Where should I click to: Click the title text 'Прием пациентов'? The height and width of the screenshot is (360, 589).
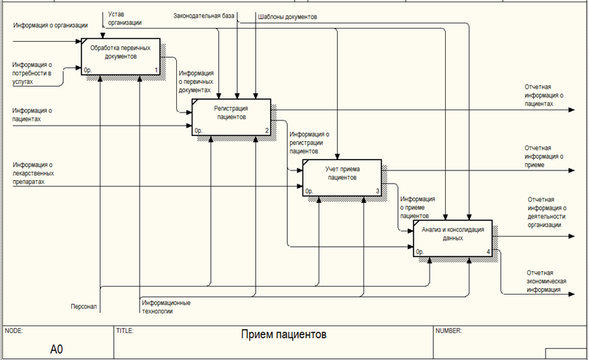point(283,335)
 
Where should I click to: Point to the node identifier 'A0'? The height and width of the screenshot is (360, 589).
point(57,348)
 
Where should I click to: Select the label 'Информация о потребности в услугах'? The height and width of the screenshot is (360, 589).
point(33,73)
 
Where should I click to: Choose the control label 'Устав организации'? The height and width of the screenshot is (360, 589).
point(125,18)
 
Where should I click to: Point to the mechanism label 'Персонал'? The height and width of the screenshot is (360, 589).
point(83,306)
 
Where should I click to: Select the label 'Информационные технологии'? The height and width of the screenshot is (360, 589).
point(167,306)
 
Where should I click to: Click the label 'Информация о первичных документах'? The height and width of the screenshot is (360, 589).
point(196,81)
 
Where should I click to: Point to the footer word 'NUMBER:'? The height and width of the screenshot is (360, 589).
point(449,331)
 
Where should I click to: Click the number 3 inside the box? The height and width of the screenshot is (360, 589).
point(377,191)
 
